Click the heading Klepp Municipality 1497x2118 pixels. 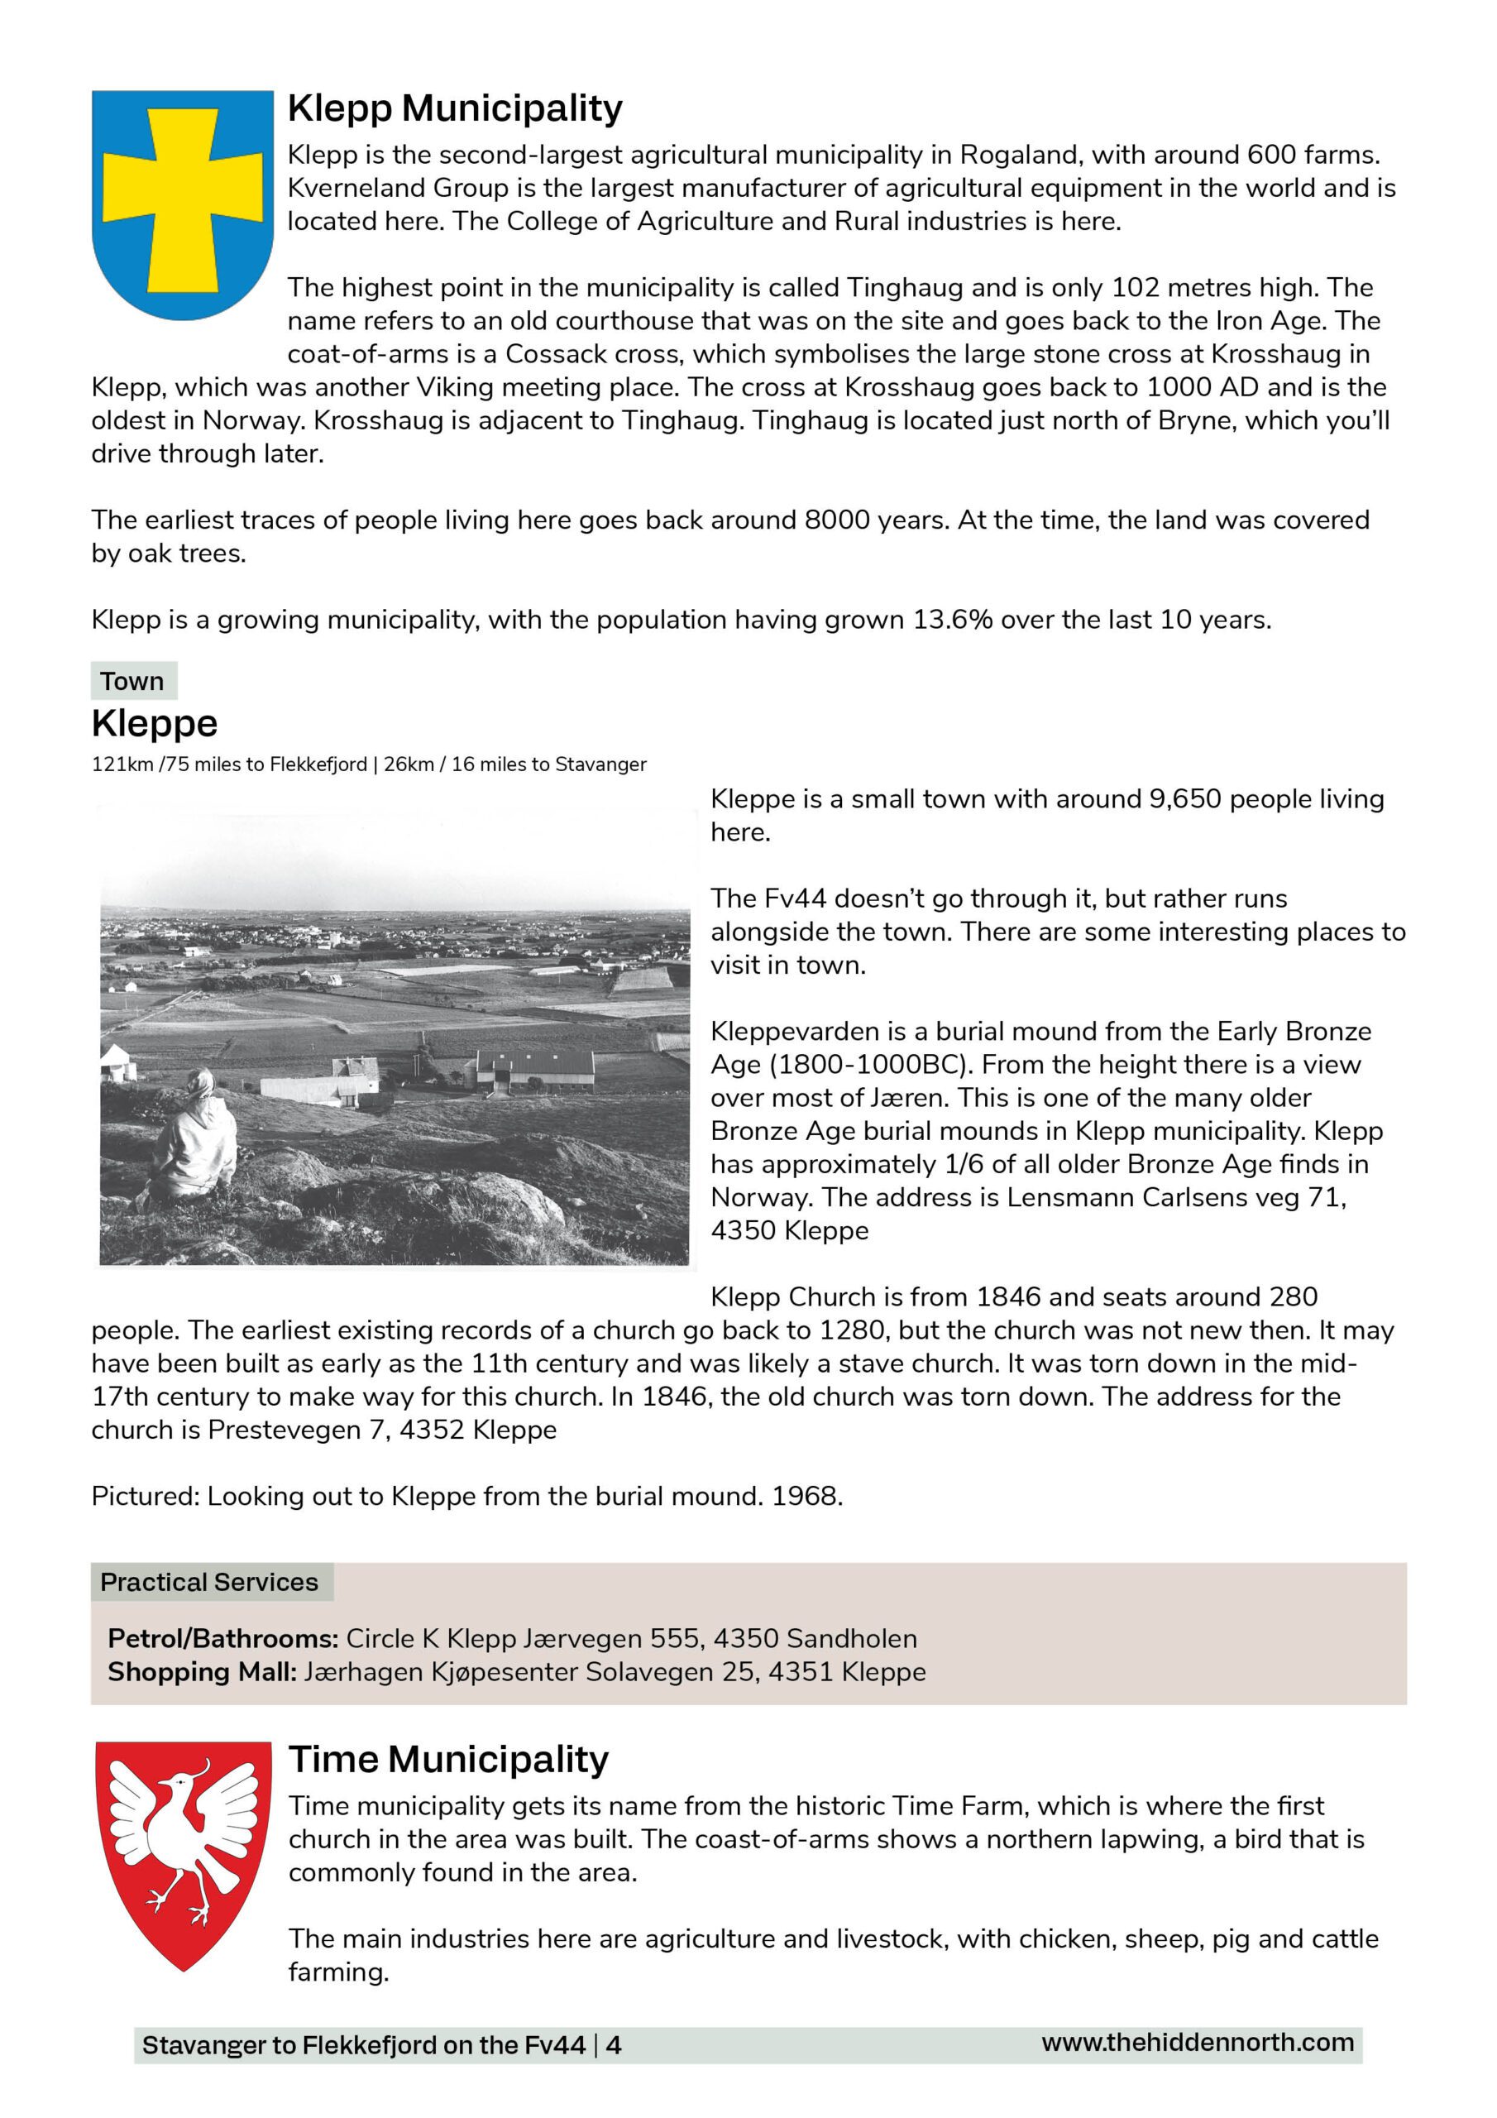click(x=455, y=108)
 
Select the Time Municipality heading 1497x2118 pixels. click(x=448, y=1759)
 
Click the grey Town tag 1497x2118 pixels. click(x=133, y=681)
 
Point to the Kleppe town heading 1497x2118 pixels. click(x=154, y=723)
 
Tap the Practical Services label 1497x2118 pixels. click(x=209, y=1582)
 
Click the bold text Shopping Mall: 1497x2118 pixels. click(x=202, y=1671)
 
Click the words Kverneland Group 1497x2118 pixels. click(x=398, y=188)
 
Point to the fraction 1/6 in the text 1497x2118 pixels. click(x=965, y=1164)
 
